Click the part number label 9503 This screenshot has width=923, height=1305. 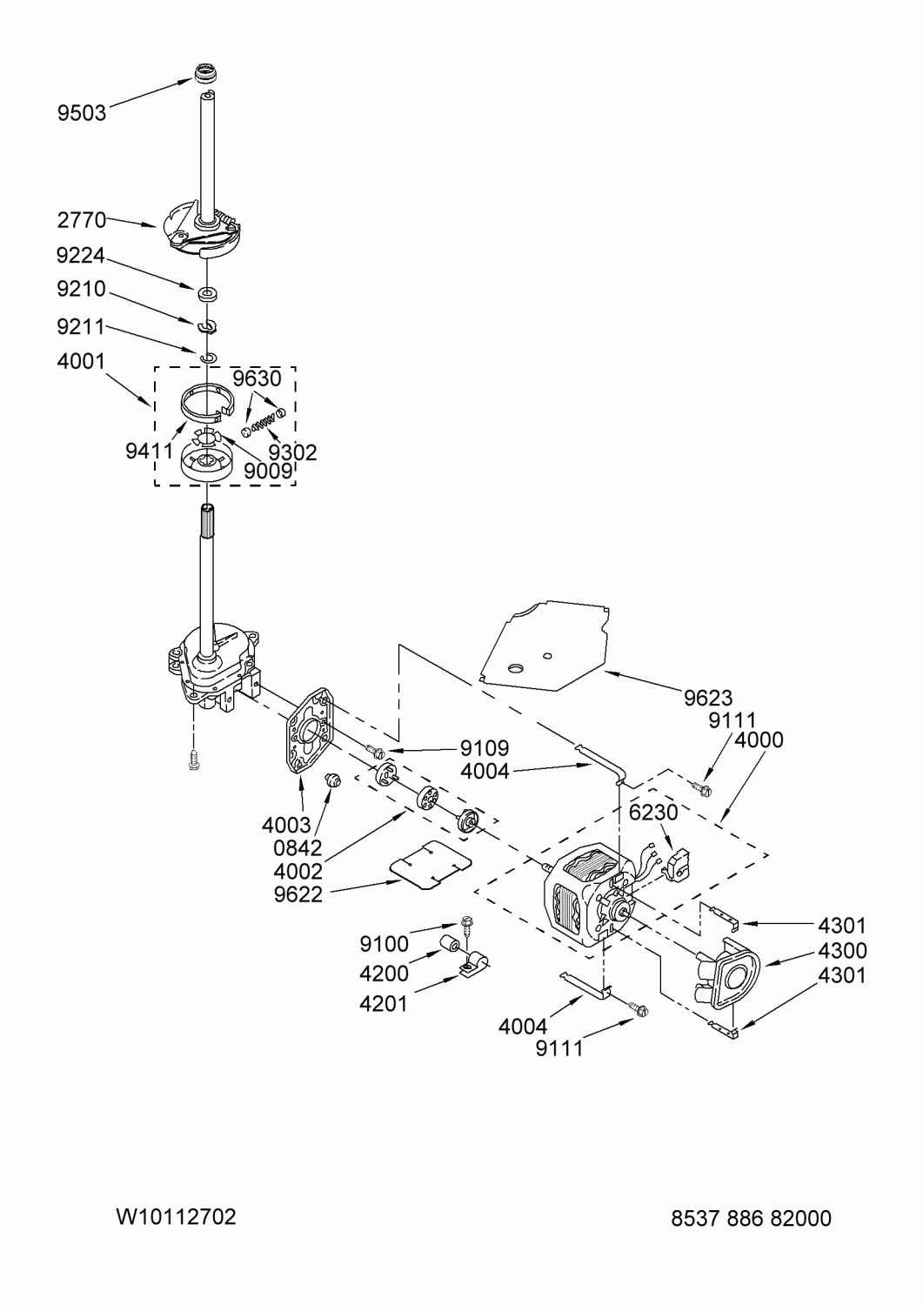click(82, 112)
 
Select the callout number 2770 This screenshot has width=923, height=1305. click(82, 220)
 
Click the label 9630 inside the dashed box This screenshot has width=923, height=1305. click(257, 378)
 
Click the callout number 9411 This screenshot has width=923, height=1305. click(150, 451)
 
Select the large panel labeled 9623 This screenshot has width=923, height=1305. click(545, 645)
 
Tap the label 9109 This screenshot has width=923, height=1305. click(485, 747)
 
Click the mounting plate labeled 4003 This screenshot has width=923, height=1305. click(309, 731)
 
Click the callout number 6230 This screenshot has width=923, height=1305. click(653, 812)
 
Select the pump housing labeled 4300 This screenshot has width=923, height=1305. click(728, 972)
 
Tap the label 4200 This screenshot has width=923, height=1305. click(384, 974)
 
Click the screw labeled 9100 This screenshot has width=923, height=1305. click(467, 927)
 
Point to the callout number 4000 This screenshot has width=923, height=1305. click(759, 739)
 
